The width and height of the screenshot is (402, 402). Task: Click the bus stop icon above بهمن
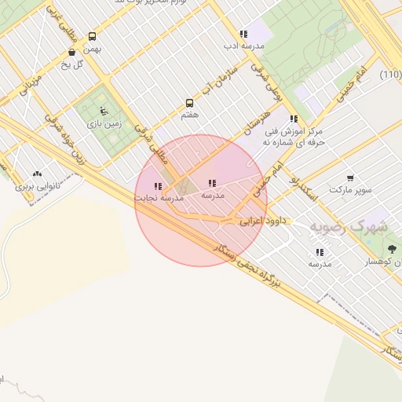click(x=93, y=36)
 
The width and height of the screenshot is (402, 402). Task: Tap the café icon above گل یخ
click(x=71, y=53)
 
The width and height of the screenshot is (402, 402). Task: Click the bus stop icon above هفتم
click(x=188, y=103)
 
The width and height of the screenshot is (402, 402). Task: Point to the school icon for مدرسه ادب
click(x=243, y=34)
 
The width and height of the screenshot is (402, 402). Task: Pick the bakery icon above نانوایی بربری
click(x=38, y=174)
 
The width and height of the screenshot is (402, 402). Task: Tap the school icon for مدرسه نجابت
click(x=158, y=187)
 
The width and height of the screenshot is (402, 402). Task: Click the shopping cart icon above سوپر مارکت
click(x=349, y=178)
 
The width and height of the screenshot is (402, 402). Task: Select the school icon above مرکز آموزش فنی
click(x=294, y=119)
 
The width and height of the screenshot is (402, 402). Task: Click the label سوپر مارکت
click(x=349, y=190)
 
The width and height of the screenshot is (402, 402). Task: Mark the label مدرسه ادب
click(x=243, y=46)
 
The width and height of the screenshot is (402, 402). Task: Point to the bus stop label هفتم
click(x=188, y=115)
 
